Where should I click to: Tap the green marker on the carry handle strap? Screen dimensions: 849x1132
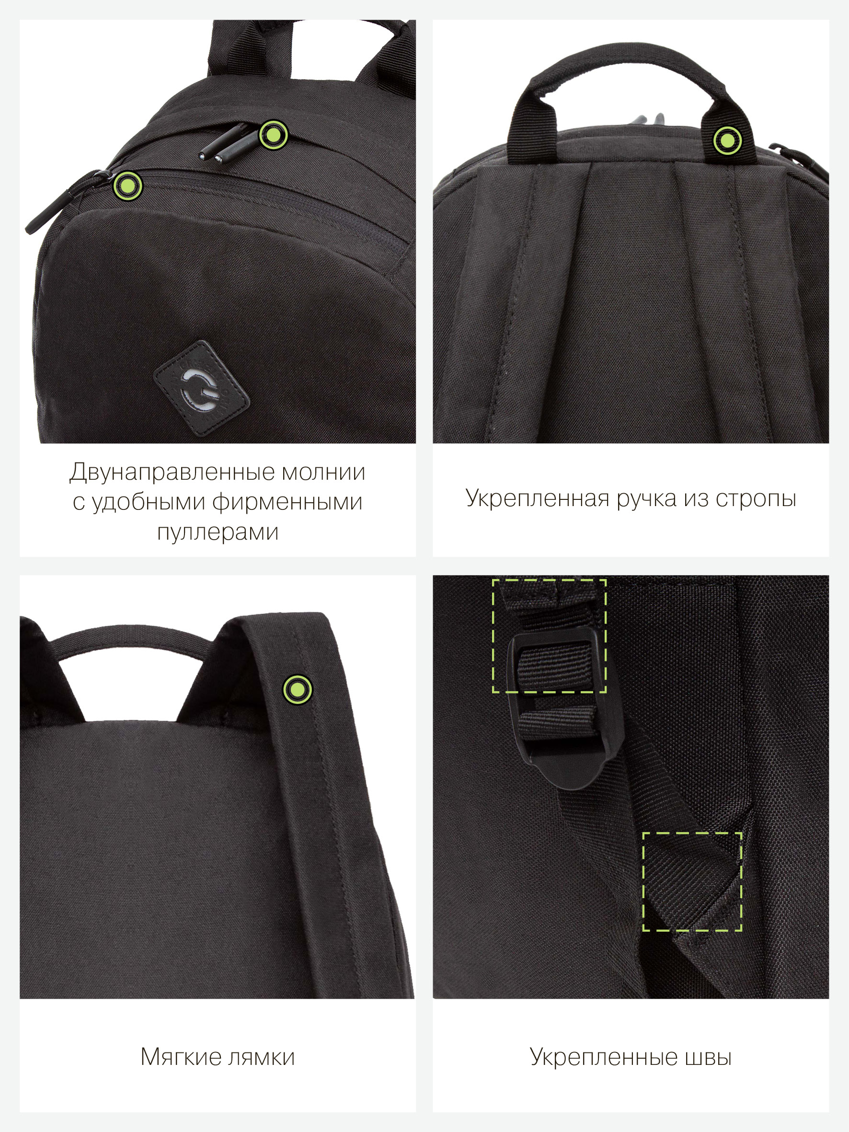coord(727,140)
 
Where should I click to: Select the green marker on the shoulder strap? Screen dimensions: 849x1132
coord(298,689)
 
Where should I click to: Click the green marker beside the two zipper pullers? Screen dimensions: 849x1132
coord(274,135)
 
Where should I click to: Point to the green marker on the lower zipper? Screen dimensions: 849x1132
coord(127,185)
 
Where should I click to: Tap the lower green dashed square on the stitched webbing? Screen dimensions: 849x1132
coord(692,881)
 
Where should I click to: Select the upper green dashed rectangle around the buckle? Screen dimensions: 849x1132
coord(549,636)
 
